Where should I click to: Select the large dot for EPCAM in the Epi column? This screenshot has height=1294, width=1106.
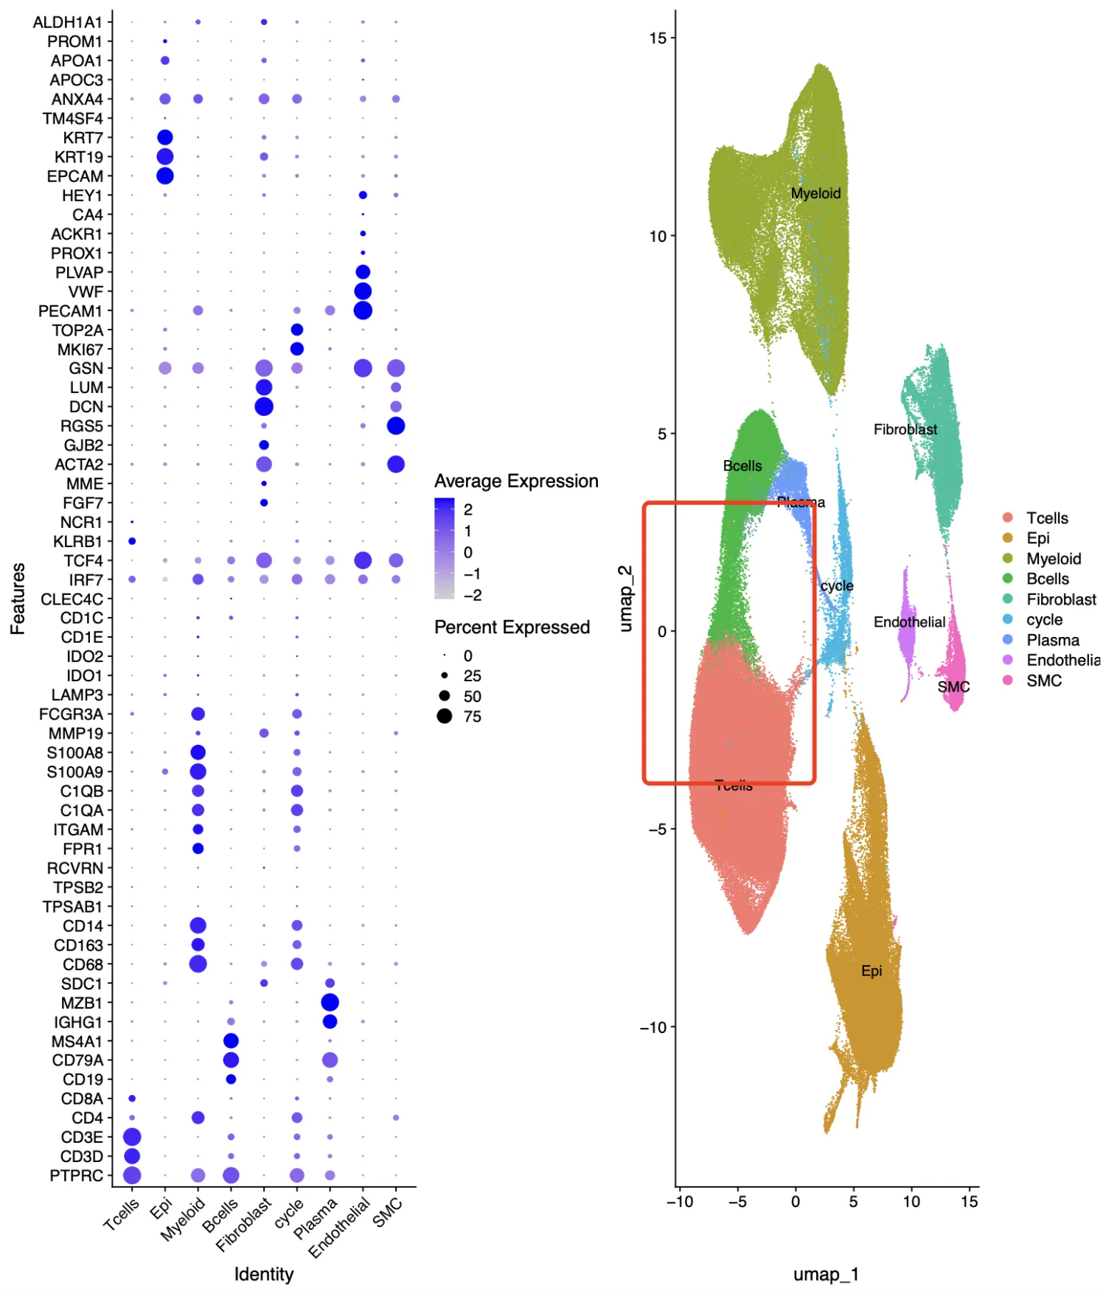(165, 175)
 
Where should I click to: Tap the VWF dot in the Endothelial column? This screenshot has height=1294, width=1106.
(363, 291)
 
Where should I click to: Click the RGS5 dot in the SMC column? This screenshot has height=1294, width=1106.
(396, 425)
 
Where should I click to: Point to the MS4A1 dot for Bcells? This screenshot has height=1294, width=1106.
(231, 1040)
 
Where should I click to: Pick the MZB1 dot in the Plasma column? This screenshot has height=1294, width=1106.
(330, 1002)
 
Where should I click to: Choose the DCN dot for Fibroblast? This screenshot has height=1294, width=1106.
(264, 406)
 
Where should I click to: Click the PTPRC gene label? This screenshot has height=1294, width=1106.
(76, 1175)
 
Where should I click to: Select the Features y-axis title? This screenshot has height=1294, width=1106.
(18, 598)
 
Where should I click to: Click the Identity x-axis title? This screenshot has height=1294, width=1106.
(264, 1274)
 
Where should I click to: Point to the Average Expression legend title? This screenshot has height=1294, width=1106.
(516, 481)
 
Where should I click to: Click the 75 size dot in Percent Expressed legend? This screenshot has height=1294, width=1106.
(445, 716)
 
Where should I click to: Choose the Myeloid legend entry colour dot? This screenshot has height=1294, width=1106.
(1008, 559)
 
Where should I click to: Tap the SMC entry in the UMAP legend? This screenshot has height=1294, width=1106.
(1044, 681)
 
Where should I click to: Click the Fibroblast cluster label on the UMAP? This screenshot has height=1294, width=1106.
(905, 429)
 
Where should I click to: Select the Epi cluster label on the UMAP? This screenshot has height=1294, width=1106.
(872, 971)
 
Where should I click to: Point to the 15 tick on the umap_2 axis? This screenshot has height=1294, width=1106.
(658, 38)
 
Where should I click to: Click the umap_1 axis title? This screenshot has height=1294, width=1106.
(826, 1274)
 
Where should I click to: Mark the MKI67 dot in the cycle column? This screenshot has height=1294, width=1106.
(297, 349)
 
